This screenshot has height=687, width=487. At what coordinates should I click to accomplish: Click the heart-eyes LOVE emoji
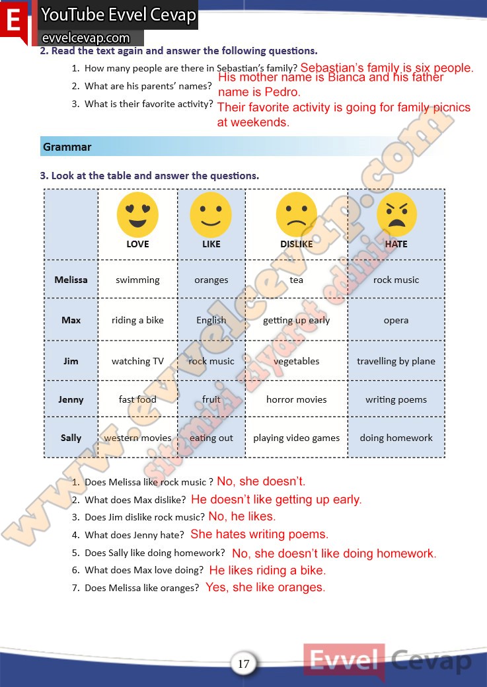(137, 215)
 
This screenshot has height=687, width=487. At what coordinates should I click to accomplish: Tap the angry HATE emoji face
(396, 215)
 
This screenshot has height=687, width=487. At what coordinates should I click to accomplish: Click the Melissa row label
(71, 280)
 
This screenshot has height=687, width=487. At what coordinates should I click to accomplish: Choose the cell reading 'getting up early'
(296, 320)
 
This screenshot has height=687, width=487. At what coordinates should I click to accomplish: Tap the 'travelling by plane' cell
(396, 361)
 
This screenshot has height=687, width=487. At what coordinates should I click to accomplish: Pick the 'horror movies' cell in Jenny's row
(296, 399)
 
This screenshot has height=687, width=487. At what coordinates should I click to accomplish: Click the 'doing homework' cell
(396, 438)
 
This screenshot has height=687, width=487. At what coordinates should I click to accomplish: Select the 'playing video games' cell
(296, 438)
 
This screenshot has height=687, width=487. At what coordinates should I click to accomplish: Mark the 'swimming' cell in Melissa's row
(137, 280)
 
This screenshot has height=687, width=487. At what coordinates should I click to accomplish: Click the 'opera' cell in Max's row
(396, 320)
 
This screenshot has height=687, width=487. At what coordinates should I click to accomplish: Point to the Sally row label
(71, 438)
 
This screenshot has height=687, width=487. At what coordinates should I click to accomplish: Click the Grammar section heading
(67, 147)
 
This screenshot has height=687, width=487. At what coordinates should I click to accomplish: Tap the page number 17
(243, 663)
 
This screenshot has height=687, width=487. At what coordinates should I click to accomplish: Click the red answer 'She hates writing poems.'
(259, 534)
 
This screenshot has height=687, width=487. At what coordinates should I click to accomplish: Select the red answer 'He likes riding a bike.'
(267, 570)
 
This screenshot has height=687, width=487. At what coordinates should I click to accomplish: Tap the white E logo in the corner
(14, 20)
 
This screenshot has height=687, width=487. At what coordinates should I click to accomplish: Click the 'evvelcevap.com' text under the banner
(86, 38)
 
